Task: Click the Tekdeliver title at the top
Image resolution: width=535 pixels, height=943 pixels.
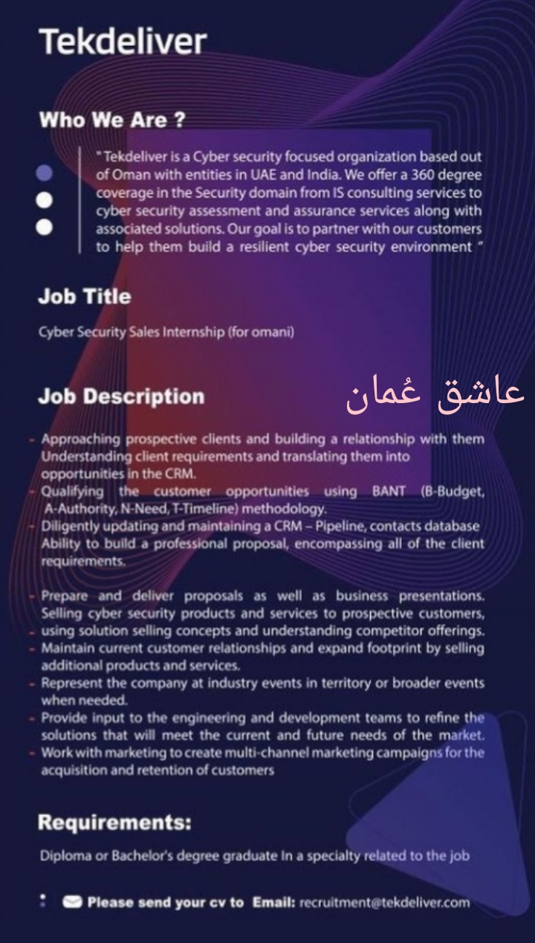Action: [122, 42]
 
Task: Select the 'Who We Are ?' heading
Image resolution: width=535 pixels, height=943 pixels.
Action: [111, 120]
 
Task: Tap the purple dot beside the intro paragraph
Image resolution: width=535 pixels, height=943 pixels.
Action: [45, 173]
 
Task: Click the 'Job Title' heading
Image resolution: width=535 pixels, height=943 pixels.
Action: [84, 297]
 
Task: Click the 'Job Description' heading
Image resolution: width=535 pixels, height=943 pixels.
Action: [121, 396]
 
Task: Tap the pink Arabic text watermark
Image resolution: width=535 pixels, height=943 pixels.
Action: [435, 394]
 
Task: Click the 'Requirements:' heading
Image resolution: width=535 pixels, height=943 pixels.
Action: [114, 823]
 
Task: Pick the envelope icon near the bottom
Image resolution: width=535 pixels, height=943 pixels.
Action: [72, 903]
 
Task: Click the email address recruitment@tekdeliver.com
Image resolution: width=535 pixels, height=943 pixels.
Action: [384, 903]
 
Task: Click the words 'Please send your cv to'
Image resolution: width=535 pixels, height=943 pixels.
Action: [165, 903]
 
